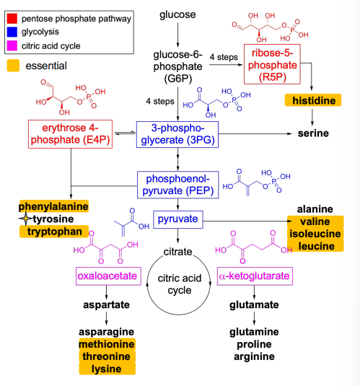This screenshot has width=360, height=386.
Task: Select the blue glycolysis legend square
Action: pos(11,31)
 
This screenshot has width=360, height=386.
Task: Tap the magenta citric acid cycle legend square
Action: pos(11,46)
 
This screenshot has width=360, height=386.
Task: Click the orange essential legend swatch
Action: pos(14,66)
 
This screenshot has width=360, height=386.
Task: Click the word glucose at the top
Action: pos(176,14)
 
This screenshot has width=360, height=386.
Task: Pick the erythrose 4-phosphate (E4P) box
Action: pos(71,134)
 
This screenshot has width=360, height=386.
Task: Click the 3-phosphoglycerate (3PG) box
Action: pos(176,134)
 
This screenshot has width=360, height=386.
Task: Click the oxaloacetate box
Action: pos(106,276)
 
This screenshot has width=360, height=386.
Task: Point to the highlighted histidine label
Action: pos(313,101)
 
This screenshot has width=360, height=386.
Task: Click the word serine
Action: pos(313,134)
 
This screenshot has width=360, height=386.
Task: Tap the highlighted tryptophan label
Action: pos(53,232)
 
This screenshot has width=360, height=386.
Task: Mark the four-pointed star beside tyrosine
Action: pos(24,219)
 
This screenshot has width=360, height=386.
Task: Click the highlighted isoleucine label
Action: pos(316,234)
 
